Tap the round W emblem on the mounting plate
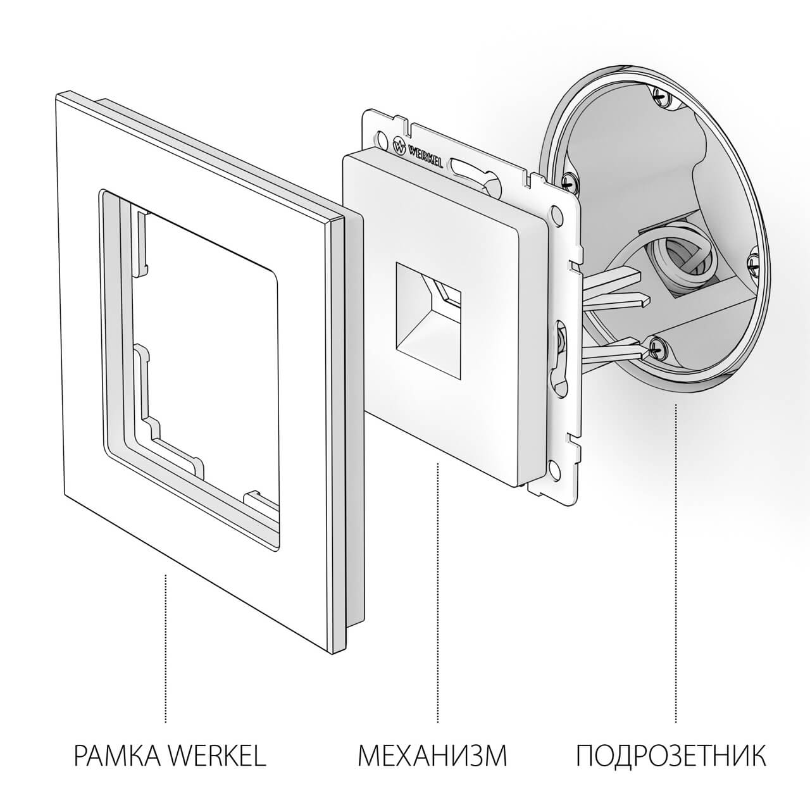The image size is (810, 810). [399, 147]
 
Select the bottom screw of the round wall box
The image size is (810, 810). [659, 346]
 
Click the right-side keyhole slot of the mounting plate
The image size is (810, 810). [559, 354]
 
